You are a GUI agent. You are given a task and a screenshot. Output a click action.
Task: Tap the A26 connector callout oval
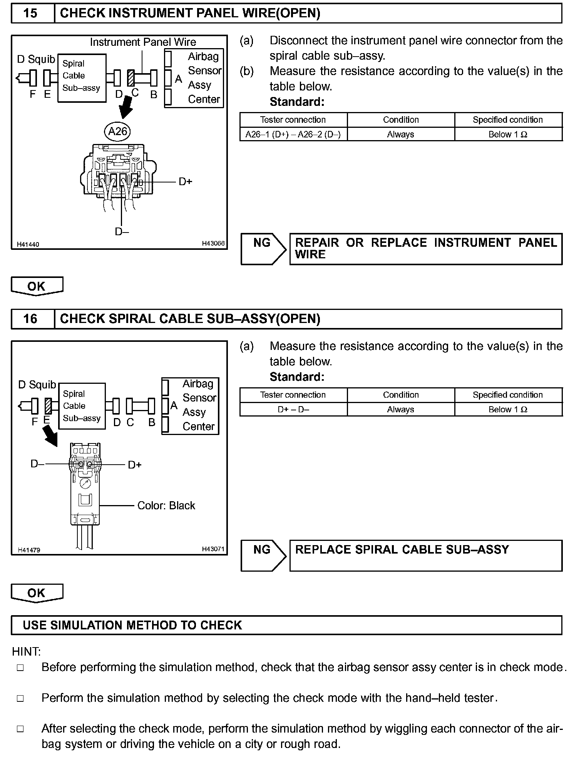(117, 132)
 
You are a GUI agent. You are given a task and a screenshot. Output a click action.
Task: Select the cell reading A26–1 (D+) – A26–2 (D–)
(293, 134)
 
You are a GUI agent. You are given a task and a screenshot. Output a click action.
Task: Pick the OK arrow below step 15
(37, 286)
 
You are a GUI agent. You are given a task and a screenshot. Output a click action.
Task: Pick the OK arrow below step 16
(37, 593)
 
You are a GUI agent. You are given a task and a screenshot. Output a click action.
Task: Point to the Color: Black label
(166, 505)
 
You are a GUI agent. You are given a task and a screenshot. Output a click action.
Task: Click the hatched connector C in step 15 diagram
(131, 77)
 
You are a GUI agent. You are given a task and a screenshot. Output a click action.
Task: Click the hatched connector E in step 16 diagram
(48, 406)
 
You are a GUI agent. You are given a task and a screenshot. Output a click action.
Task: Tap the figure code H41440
(28, 244)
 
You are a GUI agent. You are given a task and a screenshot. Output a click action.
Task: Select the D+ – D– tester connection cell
(293, 410)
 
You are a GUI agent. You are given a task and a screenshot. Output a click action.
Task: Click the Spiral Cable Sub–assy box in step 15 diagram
(82, 78)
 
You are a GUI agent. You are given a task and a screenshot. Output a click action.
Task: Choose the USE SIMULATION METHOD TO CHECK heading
(132, 625)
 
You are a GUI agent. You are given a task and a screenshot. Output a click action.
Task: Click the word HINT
(26, 652)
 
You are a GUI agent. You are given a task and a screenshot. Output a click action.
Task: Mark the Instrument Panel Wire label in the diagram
(143, 42)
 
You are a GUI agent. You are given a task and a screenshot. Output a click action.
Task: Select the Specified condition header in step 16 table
(508, 395)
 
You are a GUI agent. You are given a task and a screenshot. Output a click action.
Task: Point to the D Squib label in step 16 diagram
(37, 385)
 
